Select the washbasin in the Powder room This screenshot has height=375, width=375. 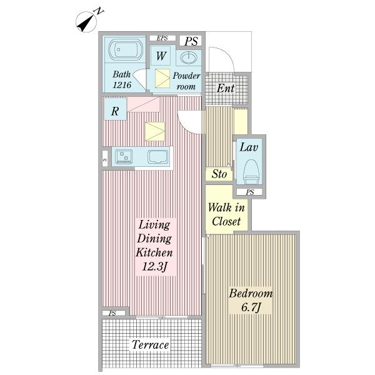tap(189, 58)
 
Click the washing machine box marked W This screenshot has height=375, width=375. tap(161, 56)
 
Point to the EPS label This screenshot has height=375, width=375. tap(162, 38)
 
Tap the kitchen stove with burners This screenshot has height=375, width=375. tap(124, 156)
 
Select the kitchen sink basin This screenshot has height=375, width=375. tap(157, 157)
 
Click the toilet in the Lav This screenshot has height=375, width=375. tap(251, 172)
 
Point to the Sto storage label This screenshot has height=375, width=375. tap(219, 174)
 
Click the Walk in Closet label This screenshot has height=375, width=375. tap(226, 214)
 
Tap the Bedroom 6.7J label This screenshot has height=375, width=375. tap(251, 301)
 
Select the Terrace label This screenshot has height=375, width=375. tap(150, 344)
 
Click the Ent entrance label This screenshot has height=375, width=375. tap(226, 88)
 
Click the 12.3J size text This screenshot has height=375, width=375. tap(154, 266)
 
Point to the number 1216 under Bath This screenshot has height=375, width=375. tap(122, 85)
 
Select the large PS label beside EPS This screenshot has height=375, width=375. tap(191, 41)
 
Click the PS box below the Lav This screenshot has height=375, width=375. tap(249, 192)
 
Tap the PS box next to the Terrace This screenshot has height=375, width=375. tap(114, 313)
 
